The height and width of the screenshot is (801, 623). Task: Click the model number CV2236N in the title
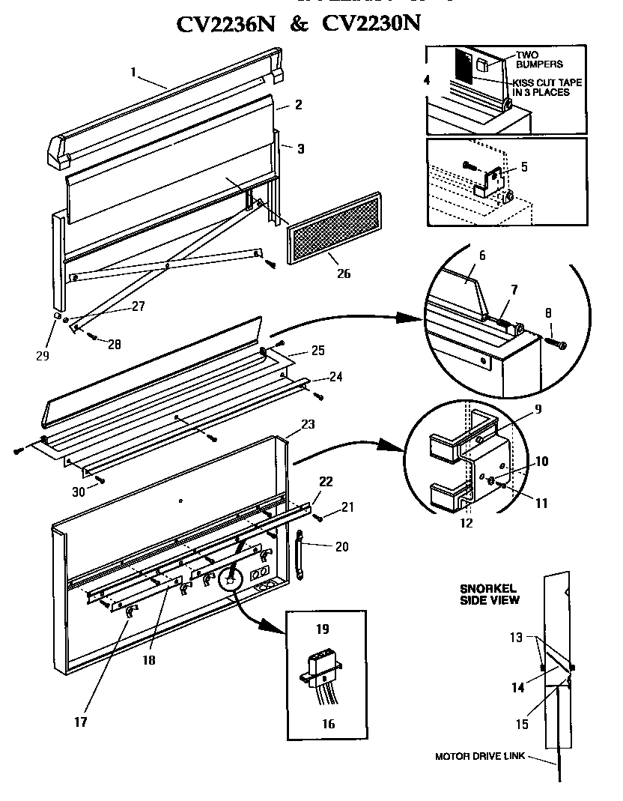coord(225,24)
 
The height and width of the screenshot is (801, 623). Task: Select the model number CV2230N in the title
coord(371,24)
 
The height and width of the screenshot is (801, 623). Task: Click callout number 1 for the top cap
coord(133,73)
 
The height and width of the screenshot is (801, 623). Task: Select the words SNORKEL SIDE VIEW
coord(489,593)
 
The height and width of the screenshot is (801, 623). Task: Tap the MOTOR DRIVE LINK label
coord(479,756)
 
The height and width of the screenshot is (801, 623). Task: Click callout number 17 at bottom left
coord(80,722)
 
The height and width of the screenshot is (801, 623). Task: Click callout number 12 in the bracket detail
coord(467,523)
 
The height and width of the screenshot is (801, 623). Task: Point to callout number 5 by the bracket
coord(524,166)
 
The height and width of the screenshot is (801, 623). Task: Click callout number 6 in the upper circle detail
coord(482,256)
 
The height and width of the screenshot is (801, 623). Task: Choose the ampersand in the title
coord(297,25)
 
